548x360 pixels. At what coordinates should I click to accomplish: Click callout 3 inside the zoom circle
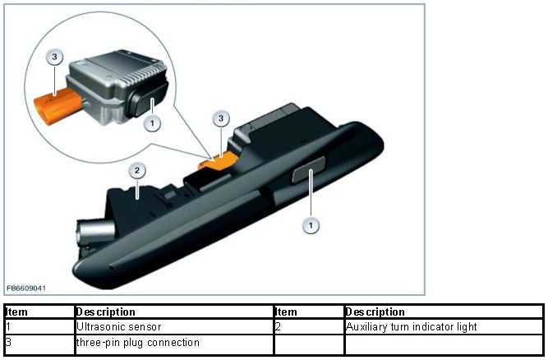click(54, 58)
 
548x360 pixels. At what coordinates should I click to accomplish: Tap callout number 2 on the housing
click(138, 171)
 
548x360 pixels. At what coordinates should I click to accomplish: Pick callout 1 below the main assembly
click(311, 224)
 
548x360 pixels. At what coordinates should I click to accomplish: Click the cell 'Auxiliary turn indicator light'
click(412, 327)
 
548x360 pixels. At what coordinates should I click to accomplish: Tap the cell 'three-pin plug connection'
click(137, 341)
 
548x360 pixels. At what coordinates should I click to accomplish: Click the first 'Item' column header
click(17, 312)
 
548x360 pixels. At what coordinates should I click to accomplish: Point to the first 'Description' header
click(105, 312)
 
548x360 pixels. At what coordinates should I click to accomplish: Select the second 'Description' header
click(375, 312)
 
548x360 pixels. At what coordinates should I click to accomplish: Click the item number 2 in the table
click(279, 327)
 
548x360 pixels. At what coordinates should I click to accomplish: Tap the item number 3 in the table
click(8, 341)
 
